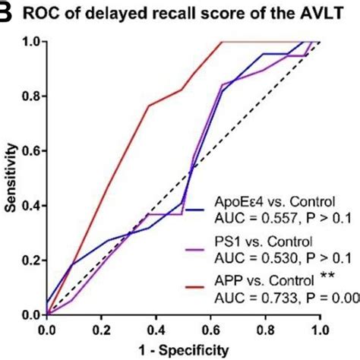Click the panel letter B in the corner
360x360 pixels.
pyautogui.click(x=5, y=13)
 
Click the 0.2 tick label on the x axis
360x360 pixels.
pyautogui.click(x=103, y=331)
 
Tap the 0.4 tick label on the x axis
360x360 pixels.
pyautogui.click(x=157, y=331)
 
